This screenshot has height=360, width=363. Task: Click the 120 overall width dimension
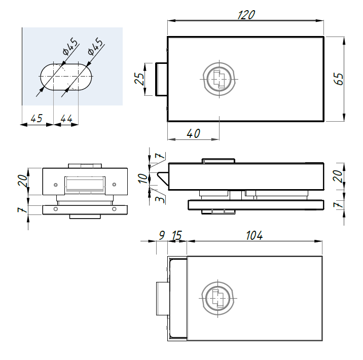pyautogui.click(x=246, y=15)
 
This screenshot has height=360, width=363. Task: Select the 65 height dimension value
pyautogui.click(x=339, y=79)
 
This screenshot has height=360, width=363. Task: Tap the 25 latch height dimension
pyautogui.click(x=139, y=79)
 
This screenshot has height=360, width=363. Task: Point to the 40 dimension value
pyautogui.click(x=193, y=133)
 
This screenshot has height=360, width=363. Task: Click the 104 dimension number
pyautogui.click(x=255, y=235)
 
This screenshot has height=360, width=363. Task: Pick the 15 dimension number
pyautogui.click(x=177, y=235)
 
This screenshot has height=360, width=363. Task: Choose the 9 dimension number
pyautogui.click(x=162, y=235)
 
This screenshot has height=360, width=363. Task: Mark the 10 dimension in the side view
pyautogui.click(x=143, y=178)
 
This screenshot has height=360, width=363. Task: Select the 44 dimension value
pyautogui.click(x=66, y=119)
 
